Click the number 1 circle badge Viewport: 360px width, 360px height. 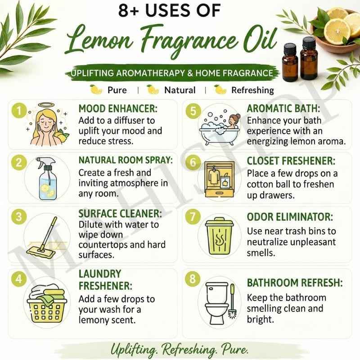19,111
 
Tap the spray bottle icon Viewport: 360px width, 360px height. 47,178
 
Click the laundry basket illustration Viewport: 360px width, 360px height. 47,303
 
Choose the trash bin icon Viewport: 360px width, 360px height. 219,236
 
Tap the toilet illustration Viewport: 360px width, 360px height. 216,302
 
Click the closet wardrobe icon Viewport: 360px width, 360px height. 220,179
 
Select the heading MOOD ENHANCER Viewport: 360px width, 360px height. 118,108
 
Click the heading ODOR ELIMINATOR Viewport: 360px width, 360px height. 290,217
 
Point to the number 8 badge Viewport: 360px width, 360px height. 193,279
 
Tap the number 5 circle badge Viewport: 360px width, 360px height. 193,111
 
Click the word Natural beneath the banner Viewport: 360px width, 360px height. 180,90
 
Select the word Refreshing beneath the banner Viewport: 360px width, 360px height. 252,90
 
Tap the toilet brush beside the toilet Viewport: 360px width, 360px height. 233,301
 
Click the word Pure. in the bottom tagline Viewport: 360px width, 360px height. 235,350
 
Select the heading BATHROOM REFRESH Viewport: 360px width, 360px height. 295,283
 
